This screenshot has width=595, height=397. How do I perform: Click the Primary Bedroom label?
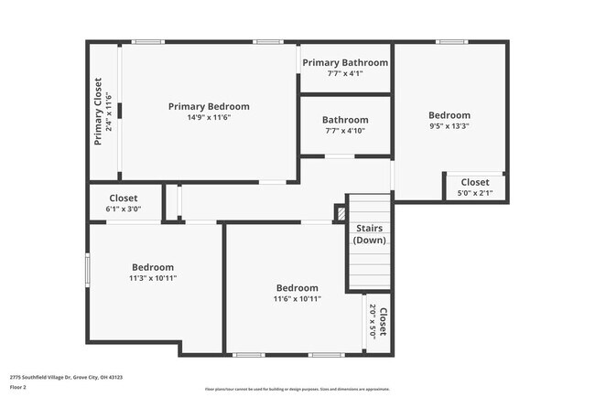[x=209, y=106]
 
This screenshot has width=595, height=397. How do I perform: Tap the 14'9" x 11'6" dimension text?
[x=209, y=117]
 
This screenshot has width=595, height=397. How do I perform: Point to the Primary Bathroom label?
[x=345, y=62]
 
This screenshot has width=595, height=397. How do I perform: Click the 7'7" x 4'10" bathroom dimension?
[x=345, y=131]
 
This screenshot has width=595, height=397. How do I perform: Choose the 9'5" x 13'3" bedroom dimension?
[x=449, y=126]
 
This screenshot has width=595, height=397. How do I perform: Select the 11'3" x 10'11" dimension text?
[x=152, y=278]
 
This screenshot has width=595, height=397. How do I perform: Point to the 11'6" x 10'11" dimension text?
[x=297, y=298]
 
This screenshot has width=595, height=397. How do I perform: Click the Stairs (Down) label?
[x=370, y=234]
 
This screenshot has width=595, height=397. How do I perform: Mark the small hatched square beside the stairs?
[x=341, y=213]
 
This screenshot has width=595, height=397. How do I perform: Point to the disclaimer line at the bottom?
[x=297, y=389]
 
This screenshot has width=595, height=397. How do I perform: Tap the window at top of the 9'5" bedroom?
[x=451, y=42]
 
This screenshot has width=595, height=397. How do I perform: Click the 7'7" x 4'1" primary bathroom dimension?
[x=345, y=73]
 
